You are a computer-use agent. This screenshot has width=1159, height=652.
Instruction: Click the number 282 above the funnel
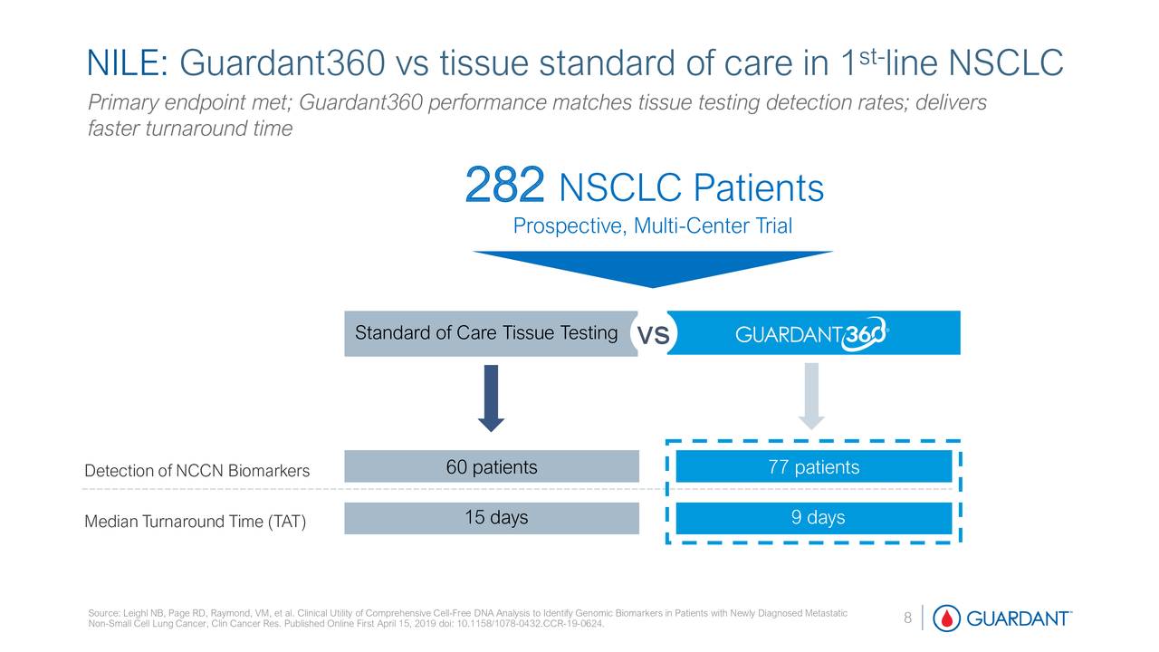click(505, 186)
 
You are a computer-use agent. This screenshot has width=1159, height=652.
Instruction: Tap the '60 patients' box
click(492, 467)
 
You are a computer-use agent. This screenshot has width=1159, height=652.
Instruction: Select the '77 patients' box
click(813, 467)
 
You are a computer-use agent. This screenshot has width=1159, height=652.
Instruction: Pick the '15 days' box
click(492, 518)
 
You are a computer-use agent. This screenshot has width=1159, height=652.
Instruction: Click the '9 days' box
click(813, 518)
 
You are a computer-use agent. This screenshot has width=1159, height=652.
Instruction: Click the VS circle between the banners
click(653, 336)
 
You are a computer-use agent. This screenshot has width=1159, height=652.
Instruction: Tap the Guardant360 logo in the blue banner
click(811, 335)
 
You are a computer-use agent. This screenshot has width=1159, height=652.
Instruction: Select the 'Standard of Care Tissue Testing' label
click(486, 333)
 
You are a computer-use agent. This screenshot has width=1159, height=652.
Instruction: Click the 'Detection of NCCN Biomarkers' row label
click(196, 471)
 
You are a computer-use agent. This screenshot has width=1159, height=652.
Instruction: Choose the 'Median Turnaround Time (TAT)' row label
click(195, 523)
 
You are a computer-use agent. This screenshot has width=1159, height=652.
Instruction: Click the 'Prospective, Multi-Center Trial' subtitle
click(652, 226)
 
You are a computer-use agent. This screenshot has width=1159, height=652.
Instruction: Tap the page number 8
click(907, 618)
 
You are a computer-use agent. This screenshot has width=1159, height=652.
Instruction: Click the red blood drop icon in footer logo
click(947, 618)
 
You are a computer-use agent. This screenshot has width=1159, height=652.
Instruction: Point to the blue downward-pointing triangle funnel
click(652, 271)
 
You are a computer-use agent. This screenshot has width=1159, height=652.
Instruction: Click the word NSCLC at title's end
click(1005, 64)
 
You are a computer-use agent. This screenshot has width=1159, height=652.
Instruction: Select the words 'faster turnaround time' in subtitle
click(189, 129)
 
